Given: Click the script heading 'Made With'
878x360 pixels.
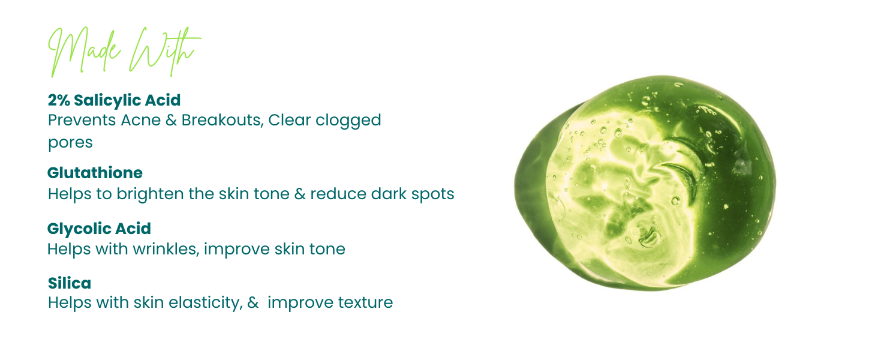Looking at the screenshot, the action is tap(125, 52).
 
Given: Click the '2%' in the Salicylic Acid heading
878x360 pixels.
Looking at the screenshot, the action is tap(59, 100).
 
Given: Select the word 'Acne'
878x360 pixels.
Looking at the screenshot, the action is tap(141, 120).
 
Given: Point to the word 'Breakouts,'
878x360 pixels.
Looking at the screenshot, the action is tap(222, 120).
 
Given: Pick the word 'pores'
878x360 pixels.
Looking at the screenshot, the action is tap(70, 143).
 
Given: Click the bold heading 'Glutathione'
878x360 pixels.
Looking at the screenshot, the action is tap(95, 173).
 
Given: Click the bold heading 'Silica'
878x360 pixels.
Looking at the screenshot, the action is tap(70, 283).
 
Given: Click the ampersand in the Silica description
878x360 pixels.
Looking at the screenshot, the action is tap(253, 303).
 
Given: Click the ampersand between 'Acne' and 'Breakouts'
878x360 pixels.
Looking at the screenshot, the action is tap(171, 121).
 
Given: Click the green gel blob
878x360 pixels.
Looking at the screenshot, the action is tap(645, 183).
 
